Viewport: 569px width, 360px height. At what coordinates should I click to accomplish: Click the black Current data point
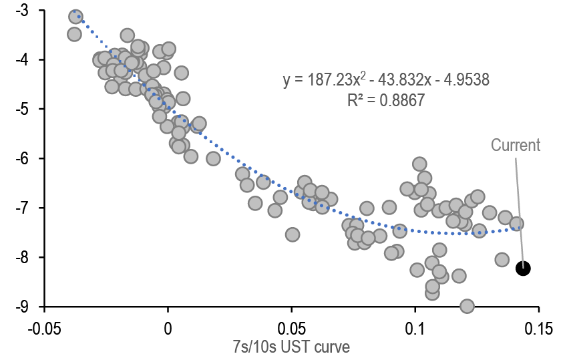[523, 268]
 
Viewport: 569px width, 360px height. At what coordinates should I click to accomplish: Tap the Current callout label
[515, 145]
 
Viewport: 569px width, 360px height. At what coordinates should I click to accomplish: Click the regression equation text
[386, 80]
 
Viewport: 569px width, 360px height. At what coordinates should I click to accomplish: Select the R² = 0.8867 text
[386, 100]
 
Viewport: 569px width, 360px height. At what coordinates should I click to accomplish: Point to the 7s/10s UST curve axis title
[291, 346]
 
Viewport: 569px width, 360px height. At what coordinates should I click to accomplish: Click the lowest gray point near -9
[467, 307]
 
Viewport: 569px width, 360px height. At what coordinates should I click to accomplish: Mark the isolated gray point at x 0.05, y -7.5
[292, 234]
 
